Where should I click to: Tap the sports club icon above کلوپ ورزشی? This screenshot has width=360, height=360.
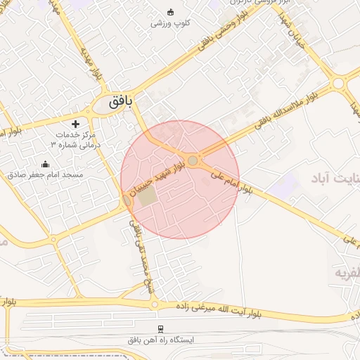[170, 12]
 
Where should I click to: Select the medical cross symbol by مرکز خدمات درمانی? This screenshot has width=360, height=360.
[76, 124]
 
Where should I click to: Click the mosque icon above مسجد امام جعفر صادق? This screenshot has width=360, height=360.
[46, 165]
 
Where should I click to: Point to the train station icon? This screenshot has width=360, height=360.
[160, 329]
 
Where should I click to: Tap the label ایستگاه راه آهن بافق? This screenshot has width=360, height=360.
[160, 340]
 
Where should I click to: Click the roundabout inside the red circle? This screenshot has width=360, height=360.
[193, 161]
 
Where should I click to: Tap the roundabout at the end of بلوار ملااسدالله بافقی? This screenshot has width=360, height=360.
[338, 84]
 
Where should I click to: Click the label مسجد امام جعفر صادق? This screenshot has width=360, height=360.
[46, 174]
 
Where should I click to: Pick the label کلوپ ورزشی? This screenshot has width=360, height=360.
[170, 23]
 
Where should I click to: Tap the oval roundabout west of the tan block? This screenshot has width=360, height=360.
[127, 201]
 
